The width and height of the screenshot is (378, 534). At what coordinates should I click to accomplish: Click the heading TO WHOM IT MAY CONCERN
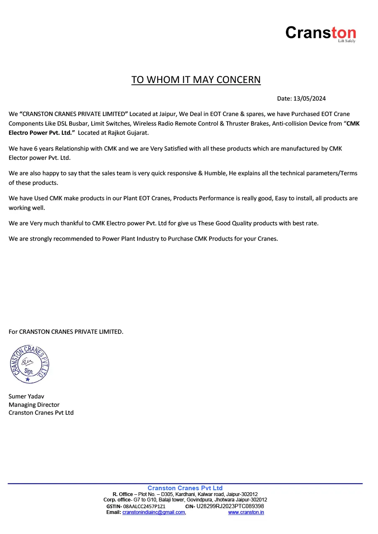click(196, 80)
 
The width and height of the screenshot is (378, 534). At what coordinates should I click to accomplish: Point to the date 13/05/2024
click(310, 99)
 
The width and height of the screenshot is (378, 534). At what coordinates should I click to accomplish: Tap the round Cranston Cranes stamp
click(30, 364)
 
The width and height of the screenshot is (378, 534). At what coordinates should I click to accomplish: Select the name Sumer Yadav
click(26, 396)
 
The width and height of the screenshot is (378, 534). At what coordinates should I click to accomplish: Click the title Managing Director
click(34, 405)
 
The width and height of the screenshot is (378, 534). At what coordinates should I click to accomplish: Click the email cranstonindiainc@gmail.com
click(153, 512)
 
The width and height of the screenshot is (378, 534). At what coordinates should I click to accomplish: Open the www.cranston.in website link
click(246, 512)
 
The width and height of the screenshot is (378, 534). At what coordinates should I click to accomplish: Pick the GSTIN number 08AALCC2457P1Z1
click(144, 506)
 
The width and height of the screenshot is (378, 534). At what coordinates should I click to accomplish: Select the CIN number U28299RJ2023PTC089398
click(230, 506)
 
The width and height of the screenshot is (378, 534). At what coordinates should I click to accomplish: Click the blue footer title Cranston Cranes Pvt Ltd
click(185, 488)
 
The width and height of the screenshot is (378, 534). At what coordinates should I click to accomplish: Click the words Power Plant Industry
click(128, 239)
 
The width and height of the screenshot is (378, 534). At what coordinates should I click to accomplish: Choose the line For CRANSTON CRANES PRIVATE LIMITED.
click(66, 332)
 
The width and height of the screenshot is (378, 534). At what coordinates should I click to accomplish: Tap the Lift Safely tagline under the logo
click(347, 41)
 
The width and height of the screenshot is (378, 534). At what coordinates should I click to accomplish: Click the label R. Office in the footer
click(123, 494)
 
